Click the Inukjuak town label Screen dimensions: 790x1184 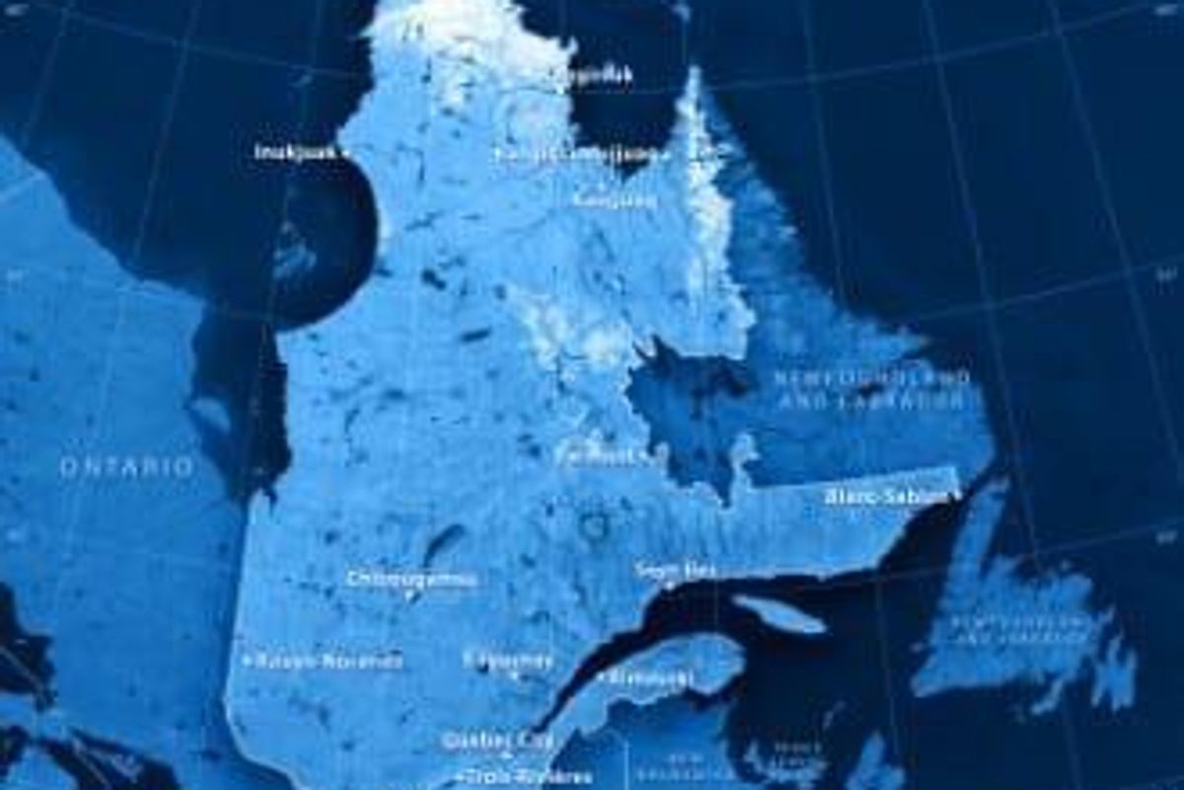point(293,152)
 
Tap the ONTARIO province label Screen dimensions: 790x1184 point(127,467)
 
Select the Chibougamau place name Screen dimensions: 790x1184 point(412,580)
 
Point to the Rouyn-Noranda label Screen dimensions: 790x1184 point(329,661)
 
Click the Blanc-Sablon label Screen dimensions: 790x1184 point(885,497)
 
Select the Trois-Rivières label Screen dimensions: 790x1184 point(508,776)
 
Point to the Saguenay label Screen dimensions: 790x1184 point(508,660)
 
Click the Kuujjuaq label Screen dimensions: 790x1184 point(615,200)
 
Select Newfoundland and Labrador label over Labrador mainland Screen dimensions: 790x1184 point(870,390)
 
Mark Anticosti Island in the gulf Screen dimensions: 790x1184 point(779,613)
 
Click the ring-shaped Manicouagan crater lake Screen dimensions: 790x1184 point(593,526)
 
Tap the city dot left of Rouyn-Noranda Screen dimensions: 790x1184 point(247,660)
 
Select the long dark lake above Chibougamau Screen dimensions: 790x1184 point(443,543)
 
